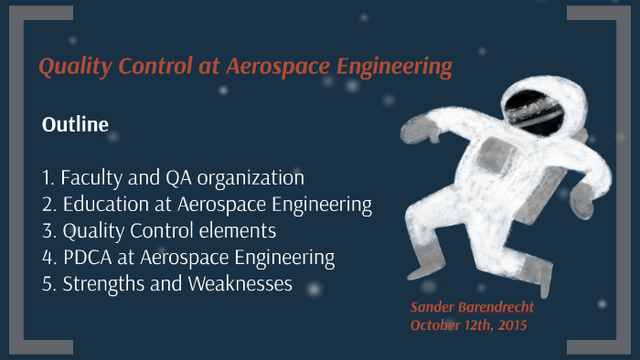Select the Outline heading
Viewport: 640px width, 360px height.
[75, 124]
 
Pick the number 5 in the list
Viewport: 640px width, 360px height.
[47, 283]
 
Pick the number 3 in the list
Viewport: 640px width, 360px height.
[47, 230]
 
